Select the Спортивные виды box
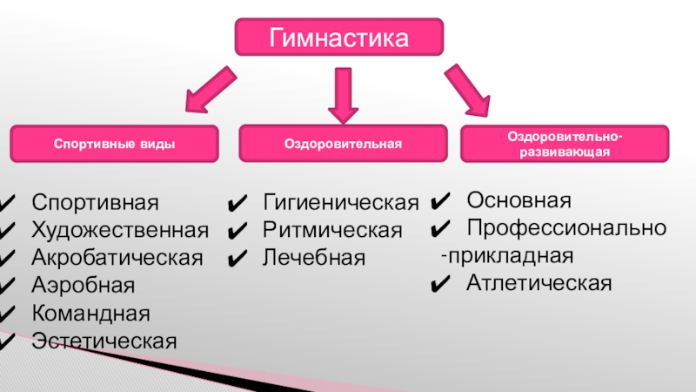(x=114, y=143)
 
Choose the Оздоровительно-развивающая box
(x=565, y=144)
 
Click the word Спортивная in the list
(x=96, y=203)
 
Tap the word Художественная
(x=120, y=230)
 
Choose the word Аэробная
(x=84, y=285)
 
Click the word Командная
(x=90, y=312)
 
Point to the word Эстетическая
(x=104, y=340)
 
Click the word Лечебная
(x=314, y=258)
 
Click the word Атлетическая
(x=539, y=282)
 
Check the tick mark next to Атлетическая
(x=440, y=283)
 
